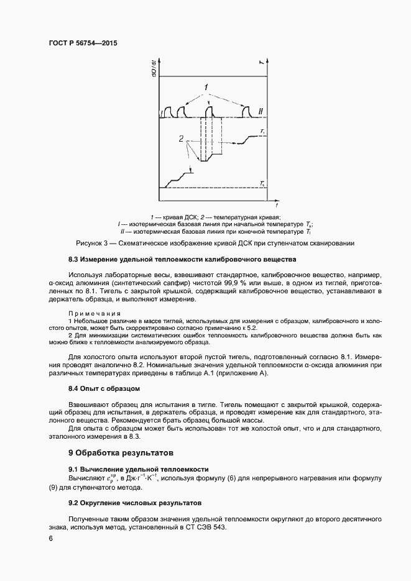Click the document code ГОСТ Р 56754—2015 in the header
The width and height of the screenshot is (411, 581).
(83, 43)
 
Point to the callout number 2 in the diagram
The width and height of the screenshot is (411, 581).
(181, 139)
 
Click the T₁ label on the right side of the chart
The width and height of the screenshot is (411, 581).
(264, 132)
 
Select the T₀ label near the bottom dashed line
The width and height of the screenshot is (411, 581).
(264, 183)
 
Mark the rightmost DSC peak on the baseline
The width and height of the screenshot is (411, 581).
(246, 112)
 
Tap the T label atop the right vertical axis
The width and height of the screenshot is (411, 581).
(261, 61)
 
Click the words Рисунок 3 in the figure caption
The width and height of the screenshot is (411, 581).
(93, 243)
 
